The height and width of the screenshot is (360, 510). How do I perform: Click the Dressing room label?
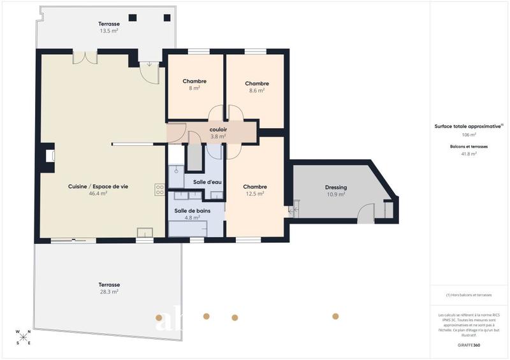[336, 187]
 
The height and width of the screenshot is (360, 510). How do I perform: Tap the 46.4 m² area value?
[98, 193]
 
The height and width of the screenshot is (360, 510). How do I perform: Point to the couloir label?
[218, 129]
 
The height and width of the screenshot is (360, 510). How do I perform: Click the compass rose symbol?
[24, 337]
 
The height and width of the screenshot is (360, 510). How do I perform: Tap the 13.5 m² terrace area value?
[109, 31]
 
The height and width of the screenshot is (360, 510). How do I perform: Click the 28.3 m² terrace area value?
[109, 292]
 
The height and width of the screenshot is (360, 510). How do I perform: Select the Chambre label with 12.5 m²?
[255, 187]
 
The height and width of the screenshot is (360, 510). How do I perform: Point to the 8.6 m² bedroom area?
[256, 90]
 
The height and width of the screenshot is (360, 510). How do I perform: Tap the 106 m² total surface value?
[469, 135]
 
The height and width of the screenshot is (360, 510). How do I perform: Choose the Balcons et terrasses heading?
[469, 147]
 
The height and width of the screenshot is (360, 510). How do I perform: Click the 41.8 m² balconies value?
[469, 154]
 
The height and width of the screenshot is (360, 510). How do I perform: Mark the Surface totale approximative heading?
[468, 126]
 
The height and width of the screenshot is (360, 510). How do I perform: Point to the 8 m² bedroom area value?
[194, 89]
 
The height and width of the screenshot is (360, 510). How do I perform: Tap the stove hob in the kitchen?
[159, 189]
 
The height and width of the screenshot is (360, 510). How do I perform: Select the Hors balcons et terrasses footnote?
[469, 294]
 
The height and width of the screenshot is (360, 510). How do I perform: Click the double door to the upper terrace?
[84, 57]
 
